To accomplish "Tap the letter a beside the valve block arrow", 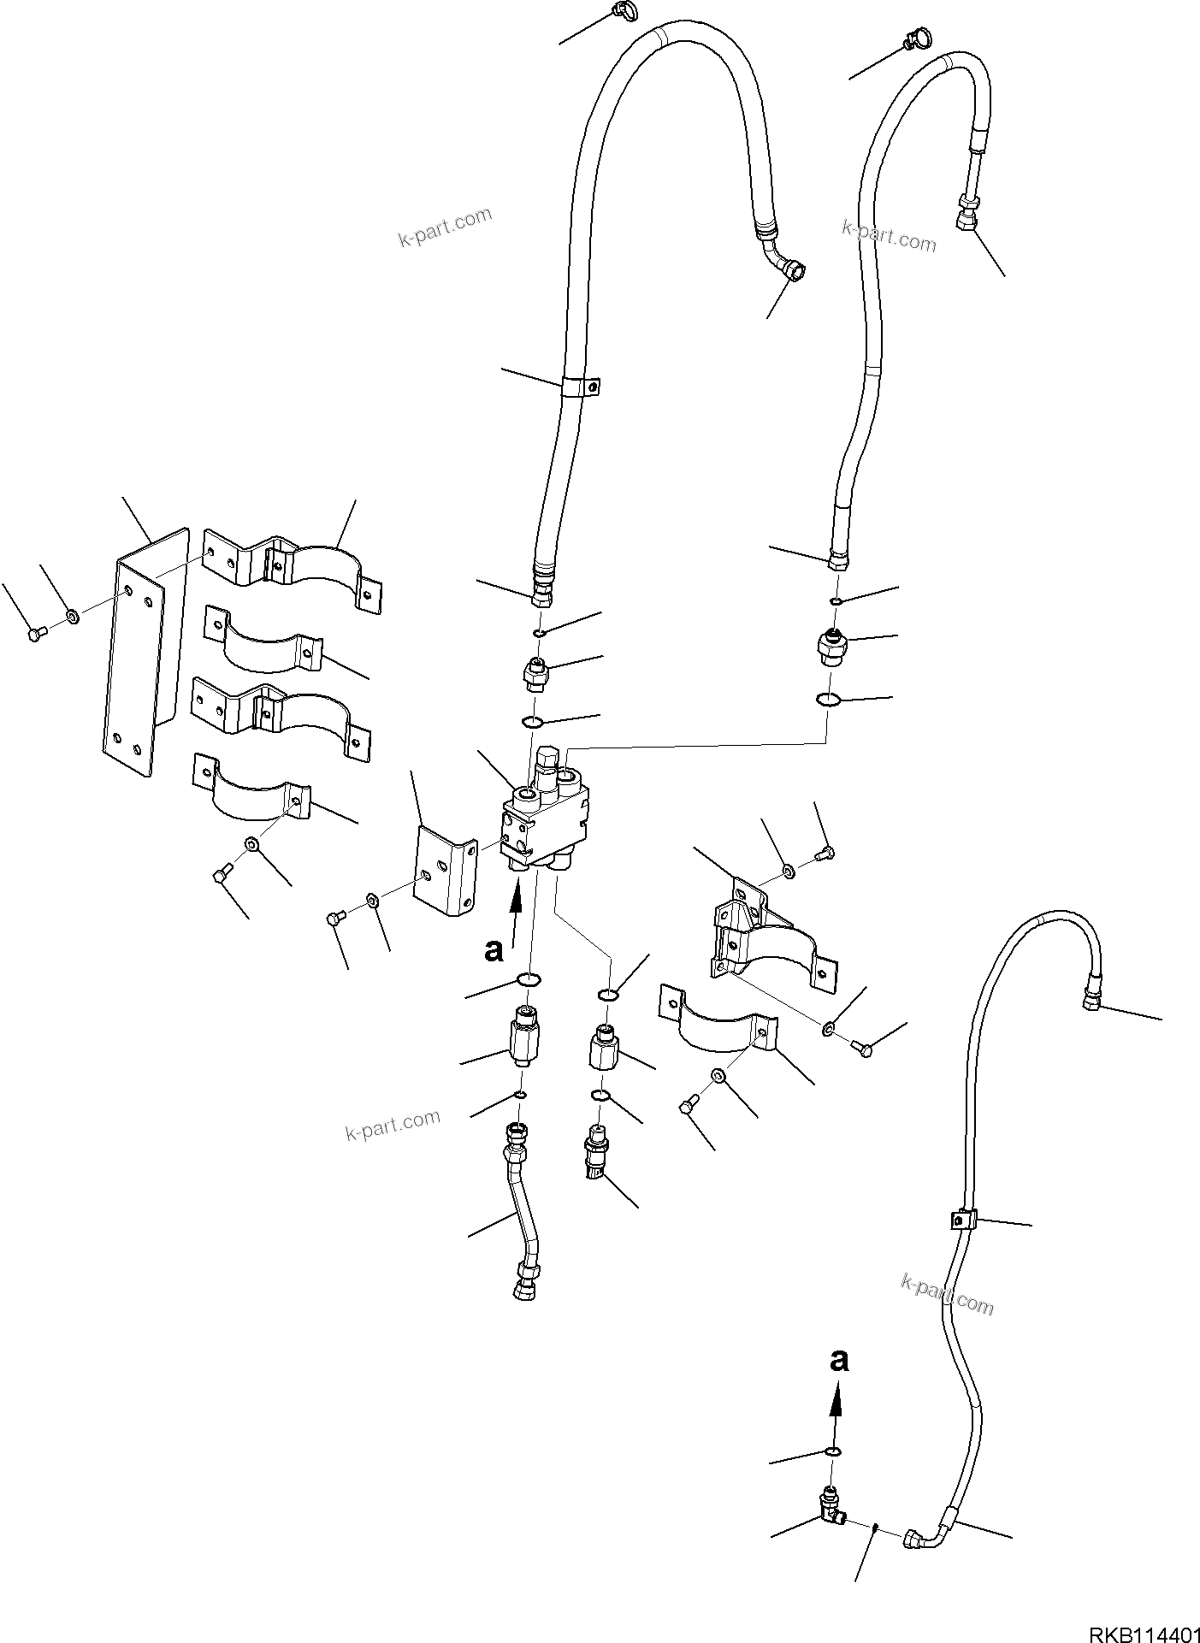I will tap(494, 949).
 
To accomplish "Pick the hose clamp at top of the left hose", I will tap(622, 11).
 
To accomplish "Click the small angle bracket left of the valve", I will tap(443, 870).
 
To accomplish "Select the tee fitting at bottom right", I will tap(830, 1516).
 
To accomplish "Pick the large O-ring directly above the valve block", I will tap(531, 723).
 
